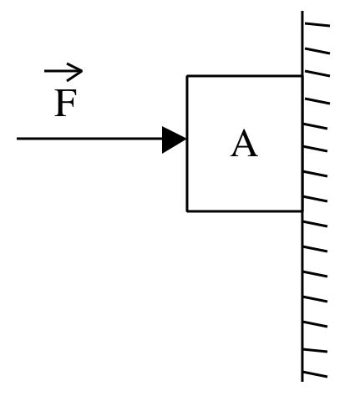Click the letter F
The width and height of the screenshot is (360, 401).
[65, 103]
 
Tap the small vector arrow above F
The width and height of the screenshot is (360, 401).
[63, 72]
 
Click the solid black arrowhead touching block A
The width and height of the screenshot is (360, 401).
[174, 140]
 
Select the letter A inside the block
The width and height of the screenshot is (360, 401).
[244, 144]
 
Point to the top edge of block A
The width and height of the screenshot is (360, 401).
[245, 75]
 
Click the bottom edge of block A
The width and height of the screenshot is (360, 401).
[245, 211]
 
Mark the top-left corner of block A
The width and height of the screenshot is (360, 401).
[187, 76]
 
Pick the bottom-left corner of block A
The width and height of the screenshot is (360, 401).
[187, 211]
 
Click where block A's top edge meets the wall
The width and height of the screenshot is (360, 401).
[302, 76]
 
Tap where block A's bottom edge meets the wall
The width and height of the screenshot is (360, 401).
[302, 211]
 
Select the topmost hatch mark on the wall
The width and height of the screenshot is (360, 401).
[317, 24]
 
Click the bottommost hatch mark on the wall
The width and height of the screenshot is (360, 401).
[315, 375]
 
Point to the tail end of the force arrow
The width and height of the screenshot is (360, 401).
[17, 139]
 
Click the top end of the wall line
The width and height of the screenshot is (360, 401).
[302, 12]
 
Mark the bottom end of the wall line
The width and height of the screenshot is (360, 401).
[302, 381]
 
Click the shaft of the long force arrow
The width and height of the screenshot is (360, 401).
[89, 139]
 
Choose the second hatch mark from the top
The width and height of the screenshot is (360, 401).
[317, 51]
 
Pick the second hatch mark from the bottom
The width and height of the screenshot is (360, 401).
[315, 351]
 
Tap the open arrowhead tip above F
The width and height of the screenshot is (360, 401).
[82, 71]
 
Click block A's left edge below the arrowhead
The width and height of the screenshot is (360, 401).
[187, 182]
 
